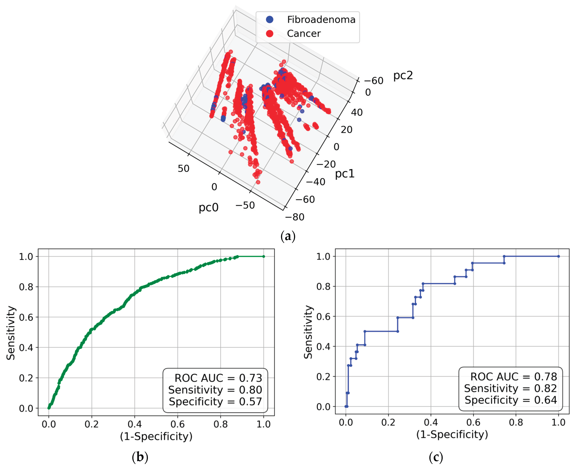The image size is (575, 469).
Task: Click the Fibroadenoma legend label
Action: pyautogui.click(x=321, y=20)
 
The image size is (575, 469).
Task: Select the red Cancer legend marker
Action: pyautogui.click(x=270, y=34)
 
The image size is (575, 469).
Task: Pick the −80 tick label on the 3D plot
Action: pyautogui.click(x=294, y=217)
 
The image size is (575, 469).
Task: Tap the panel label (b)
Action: pyautogui.click(x=140, y=457)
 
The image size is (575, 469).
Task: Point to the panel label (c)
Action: pyautogui.click(x=436, y=457)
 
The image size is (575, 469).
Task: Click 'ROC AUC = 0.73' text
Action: pyautogui.click(x=218, y=378)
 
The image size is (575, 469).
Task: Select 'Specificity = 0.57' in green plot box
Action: pyautogui.click(x=215, y=401)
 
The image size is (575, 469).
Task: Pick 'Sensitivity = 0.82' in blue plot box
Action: pyautogui.click(x=510, y=388)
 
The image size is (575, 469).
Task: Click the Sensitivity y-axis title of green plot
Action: pyautogui.click(x=11, y=333)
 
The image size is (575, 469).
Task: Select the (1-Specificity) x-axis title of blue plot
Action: pyautogui.click(x=452, y=434)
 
